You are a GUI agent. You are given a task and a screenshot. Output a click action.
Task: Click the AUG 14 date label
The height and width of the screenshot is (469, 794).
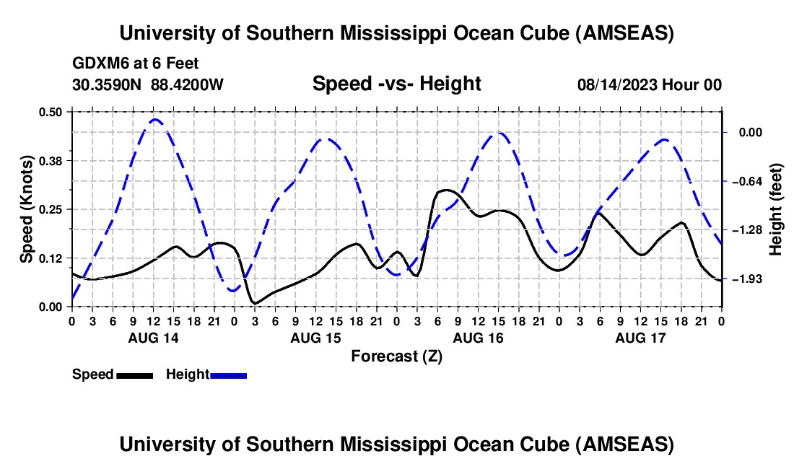tap(153, 338)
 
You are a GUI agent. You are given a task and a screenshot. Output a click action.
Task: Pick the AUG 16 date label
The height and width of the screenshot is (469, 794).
tap(478, 338)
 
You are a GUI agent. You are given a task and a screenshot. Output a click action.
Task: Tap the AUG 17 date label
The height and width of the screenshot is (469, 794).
tap(640, 338)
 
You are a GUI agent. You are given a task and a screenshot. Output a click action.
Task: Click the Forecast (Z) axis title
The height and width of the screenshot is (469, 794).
tap(396, 356)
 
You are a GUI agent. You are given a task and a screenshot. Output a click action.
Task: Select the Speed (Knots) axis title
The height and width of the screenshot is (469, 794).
tap(26, 209)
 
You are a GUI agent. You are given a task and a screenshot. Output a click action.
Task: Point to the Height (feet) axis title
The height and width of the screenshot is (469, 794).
tap(776, 209)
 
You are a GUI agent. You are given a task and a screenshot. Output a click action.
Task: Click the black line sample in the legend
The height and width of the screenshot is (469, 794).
tap(134, 375)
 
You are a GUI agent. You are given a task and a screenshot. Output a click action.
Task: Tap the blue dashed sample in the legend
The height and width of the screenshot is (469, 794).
tap(228, 375)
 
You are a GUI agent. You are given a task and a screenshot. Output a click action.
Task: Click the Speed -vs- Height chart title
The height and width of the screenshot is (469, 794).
tap(396, 84)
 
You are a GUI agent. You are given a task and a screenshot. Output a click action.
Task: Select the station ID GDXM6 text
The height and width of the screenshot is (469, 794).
tap(99, 63)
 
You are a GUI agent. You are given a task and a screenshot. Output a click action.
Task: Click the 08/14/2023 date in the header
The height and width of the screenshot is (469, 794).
tap(617, 84)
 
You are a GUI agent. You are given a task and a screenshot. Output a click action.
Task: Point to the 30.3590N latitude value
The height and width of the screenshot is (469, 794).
tap(108, 84)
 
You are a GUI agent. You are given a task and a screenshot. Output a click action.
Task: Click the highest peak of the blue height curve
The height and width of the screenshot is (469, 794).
tap(154, 120)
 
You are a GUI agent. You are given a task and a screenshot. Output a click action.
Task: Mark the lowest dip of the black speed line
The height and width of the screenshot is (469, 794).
tap(253, 302)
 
